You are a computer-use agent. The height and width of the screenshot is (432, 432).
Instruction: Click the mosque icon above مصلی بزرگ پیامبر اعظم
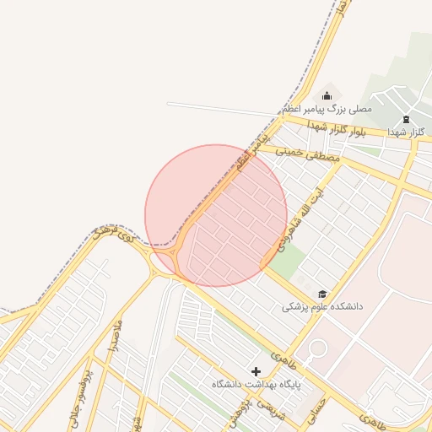[327, 95]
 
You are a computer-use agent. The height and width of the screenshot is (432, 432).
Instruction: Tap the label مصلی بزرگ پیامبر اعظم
[327, 110]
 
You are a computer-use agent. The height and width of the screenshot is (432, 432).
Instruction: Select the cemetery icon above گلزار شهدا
[407, 119]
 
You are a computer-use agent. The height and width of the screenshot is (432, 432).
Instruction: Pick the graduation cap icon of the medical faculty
[321, 294]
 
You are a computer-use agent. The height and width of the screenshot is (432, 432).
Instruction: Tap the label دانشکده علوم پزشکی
[321, 307]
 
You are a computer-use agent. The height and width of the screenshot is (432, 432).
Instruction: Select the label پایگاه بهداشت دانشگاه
[256, 384]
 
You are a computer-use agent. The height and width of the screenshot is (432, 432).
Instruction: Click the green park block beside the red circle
[286, 264]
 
